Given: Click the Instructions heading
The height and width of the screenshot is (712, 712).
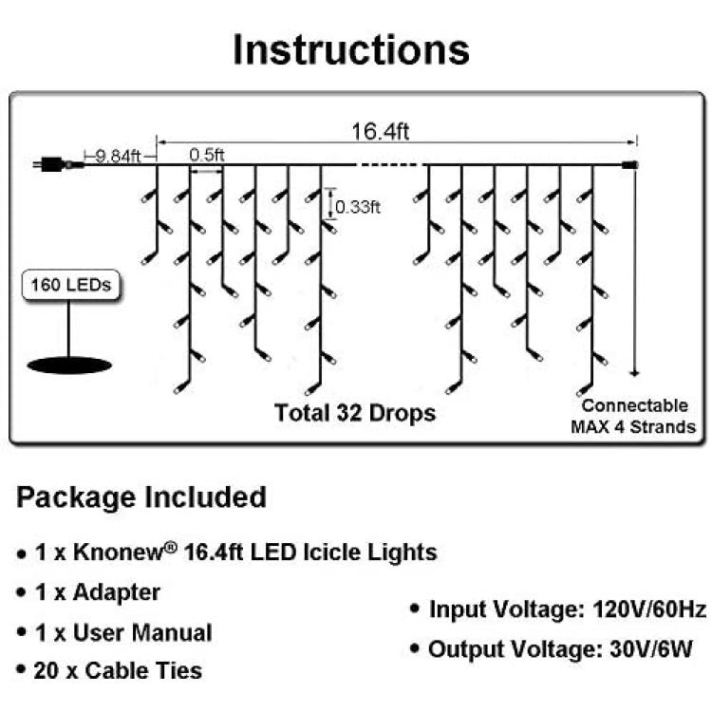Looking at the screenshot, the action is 351,49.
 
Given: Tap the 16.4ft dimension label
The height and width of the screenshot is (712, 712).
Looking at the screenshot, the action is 381,132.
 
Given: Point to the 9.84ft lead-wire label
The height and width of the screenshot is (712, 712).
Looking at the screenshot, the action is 119,157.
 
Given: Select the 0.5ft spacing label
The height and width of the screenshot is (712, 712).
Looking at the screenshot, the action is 207,155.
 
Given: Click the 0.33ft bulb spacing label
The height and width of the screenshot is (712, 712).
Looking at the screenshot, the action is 358,207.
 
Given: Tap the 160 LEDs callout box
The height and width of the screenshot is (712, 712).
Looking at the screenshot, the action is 71,285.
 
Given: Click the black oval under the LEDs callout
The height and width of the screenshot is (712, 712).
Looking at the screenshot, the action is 69,365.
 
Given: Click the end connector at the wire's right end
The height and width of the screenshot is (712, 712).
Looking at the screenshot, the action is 630,165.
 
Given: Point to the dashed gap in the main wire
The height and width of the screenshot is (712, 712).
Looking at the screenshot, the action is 389,165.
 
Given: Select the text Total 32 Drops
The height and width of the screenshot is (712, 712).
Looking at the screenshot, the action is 355,413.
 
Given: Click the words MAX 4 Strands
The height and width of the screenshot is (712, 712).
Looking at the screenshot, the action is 633,427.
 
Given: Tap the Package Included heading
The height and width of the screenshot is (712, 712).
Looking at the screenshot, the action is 141,497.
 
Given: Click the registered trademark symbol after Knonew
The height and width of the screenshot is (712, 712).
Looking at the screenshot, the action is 170,547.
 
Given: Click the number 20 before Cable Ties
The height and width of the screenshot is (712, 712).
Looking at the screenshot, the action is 46,670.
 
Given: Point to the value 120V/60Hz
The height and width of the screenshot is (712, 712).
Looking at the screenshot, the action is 649,609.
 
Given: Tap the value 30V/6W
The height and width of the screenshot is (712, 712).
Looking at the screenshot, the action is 650,649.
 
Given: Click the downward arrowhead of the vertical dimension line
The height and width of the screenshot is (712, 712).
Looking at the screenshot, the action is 635,373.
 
